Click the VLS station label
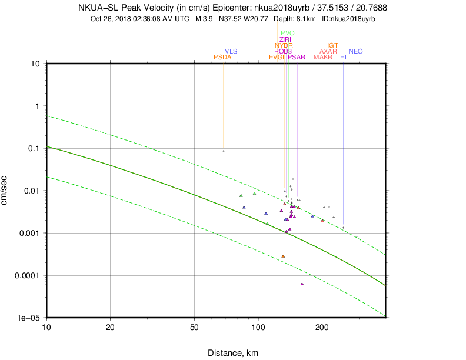pyautogui.click(x=231, y=51)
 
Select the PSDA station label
pyautogui.click(x=222, y=57)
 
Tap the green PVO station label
pyautogui.click(x=288, y=33)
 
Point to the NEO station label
pyautogui.click(x=355, y=51)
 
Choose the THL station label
pyautogui.click(x=342, y=57)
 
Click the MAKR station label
pyautogui.click(x=323, y=57)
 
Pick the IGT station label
pyautogui.click(x=332, y=45)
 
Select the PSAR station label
pyautogui.click(x=296, y=57)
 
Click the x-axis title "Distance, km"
pyautogui.click(x=233, y=353)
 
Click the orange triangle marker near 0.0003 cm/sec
pyautogui.click(x=283, y=256)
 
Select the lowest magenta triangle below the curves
pyautogui.click(x=302, y=284)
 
